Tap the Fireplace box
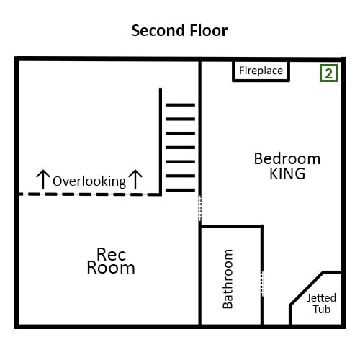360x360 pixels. pos(261,71)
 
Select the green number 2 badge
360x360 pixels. pos(328,73)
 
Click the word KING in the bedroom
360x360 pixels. pos(287,174)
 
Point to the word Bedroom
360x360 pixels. pos(287,159)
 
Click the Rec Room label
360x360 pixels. pos(111,261)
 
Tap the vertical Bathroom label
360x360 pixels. pos(228,279)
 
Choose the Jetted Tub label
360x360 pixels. pos(322,304)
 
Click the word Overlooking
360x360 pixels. pos(89,181)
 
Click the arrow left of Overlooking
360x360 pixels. pos(43,179)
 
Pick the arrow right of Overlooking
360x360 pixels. pos(135,179)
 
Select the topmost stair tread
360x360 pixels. pos(180,105)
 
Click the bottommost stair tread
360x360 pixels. pos(180,190)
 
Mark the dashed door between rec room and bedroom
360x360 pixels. pos(200,208)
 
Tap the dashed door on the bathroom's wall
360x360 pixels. pos(262,284)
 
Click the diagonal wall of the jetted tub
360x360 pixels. pos(307,289)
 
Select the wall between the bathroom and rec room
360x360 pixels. pos(199,276)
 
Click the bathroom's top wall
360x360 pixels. pos(231,226)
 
